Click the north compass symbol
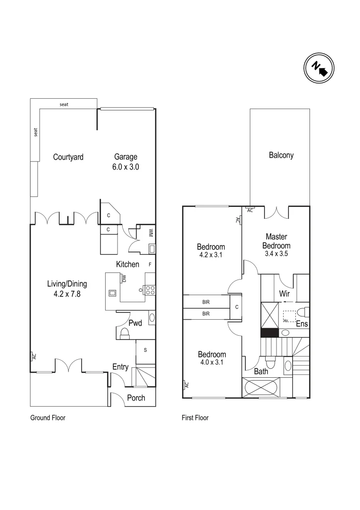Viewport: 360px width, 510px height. (318, 68)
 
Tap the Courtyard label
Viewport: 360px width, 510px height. (68, 157)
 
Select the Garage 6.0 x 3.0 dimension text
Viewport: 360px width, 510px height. (126, 167)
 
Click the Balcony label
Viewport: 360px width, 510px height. (281, 155)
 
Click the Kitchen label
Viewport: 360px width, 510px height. (128, 264)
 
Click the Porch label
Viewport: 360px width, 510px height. (136, 398)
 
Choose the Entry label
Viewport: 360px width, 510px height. (120, 367)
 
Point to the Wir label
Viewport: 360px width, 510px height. (284, 294)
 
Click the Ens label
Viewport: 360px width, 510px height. (302, 324)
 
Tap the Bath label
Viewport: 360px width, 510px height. (261, 372)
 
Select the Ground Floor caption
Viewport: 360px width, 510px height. (48, 417)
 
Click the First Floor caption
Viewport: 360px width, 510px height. (195, 417)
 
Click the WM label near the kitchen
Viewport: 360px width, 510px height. (151, 233)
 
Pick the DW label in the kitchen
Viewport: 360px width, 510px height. (124, 279)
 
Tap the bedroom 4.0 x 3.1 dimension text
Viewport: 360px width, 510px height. (212, 363)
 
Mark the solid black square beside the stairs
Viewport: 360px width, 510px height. (268, 333)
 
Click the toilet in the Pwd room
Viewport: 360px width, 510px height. (125, 334)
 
